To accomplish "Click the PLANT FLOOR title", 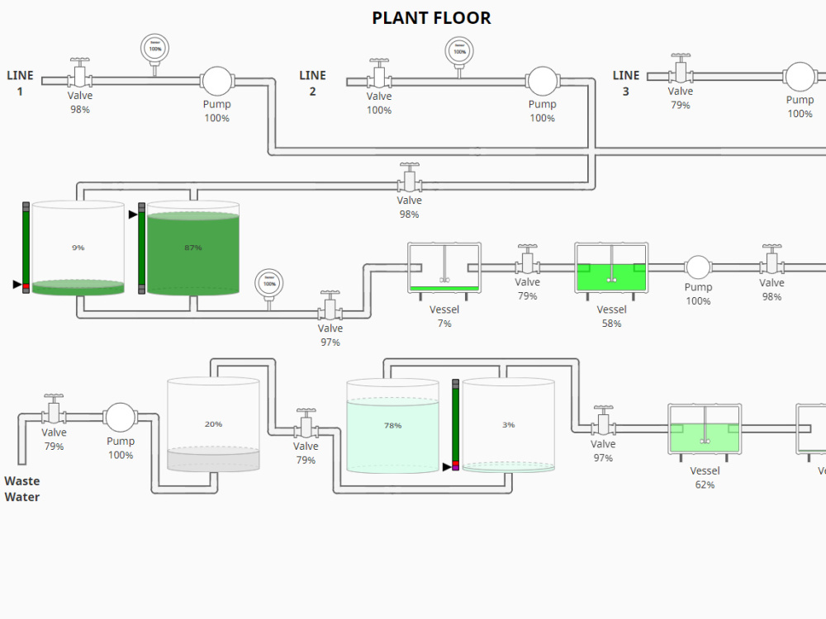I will pyautogui.click(x=431, y=18).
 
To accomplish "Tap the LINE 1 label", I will pyautogui.click(x=20, y=83).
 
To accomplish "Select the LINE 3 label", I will pyautogui.click(x=626, y=83).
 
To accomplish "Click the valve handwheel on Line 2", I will pyautogui.click(x=379, y=63).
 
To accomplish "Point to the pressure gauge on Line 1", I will pyautogui.click(x=154, y=49).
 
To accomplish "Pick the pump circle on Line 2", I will pyautogui.click(x=541, y=81).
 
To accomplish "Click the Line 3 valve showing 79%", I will pyautogui.click(x=681, y=73).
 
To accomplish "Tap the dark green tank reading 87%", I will pyautogui.click(x=193, y=252).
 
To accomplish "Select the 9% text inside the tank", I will pyautogui.click(x=78, y=248).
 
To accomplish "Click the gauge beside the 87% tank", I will pyautogui.click(x=268, y=283).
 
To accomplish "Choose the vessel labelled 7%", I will pyautogui.click(x=444, y=267).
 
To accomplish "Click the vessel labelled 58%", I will pyautogui.click(x=611, y=267).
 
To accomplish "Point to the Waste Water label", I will pyautogui.click(x=22, y=489).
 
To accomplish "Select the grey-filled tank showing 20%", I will pyautogui.click(x=213, y=425).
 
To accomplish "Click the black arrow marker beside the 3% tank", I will pyautogui.click(x=447, y=467).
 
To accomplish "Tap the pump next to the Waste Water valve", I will pyautogui.click(x=121, y=418).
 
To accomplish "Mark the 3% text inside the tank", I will pyautogui.click(x=508, y=425).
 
